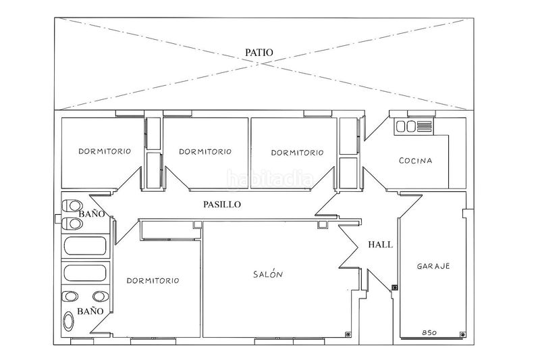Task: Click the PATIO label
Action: pos(259,53)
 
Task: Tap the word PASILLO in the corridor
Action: pos(222,205)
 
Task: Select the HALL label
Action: pos(380,245)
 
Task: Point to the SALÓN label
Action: pos(268,274)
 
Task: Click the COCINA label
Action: pos(415,161)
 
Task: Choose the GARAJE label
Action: pos(433,266)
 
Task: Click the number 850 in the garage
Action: pos(429,333)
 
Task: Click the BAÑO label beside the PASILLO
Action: pos(92,214)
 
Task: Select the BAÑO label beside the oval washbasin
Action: pos(90,311)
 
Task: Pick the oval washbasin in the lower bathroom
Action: pos(69,322)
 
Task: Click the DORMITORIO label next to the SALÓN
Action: pos(153,281)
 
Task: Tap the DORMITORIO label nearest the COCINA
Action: pos(297,153)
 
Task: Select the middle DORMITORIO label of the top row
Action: pos(205,151)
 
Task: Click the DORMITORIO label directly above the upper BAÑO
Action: pos(105,151)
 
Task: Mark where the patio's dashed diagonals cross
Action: pos(262,63)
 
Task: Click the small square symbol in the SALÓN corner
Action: pos(348,334)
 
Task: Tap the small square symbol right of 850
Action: pos(462,334)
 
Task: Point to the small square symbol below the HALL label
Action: pos(395,287)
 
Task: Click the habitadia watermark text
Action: pos(270,180)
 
